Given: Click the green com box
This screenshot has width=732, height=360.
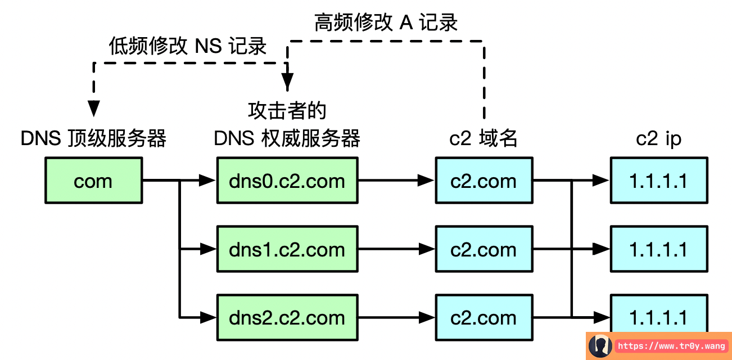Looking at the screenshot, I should pos(93,181).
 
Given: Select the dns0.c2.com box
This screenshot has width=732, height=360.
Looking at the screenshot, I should pos(287,181).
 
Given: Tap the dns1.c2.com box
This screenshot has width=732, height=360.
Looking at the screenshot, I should pos(287,249).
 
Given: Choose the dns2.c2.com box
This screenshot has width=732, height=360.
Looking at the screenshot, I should pos(287,317).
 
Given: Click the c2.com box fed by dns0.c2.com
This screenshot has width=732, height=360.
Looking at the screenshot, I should pos(484,181).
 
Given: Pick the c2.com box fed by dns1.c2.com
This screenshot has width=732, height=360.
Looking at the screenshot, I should pos(484,249).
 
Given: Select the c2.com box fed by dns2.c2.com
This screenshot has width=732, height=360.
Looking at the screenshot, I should pos(484,317).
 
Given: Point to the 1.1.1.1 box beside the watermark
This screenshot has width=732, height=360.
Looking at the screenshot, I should pos(658,315).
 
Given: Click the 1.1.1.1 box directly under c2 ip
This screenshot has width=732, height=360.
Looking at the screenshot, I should pos(658,181).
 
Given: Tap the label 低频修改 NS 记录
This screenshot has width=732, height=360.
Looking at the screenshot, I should pos(187,46).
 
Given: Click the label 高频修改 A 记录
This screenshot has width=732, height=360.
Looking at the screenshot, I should pos(386,22).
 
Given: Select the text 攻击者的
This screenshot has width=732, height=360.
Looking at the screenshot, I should pos(287,111).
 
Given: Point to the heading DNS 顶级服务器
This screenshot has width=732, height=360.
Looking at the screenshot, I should pos(93,138).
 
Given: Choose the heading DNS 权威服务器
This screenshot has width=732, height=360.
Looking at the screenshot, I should pos(287,138).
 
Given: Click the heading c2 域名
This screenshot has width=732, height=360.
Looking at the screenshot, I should pos(484,138).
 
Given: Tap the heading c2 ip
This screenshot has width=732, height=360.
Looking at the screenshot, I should pos(658,138).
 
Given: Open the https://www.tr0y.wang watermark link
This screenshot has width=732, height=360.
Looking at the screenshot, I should pos(671,346).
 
